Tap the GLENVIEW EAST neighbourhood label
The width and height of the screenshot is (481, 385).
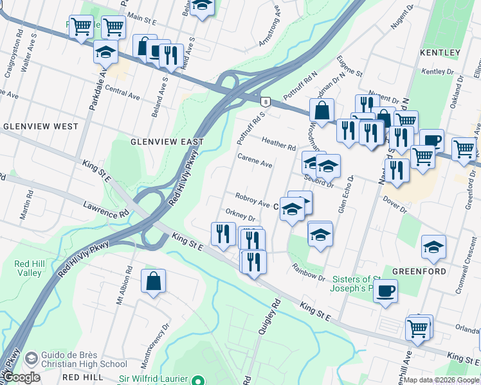coord(167,141)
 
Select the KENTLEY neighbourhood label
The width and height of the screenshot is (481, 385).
coord(440,52)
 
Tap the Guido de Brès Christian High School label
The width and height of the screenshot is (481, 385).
coord(84,359)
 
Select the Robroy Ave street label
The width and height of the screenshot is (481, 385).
coord(252,200)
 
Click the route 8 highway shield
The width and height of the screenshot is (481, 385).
coord(265,101)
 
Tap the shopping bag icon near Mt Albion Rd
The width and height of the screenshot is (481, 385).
coord(153,281)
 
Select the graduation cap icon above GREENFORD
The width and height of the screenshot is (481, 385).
coord(433,246)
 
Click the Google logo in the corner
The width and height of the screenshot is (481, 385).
coord(22,377)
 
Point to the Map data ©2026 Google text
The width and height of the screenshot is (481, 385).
coord(441,380)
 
